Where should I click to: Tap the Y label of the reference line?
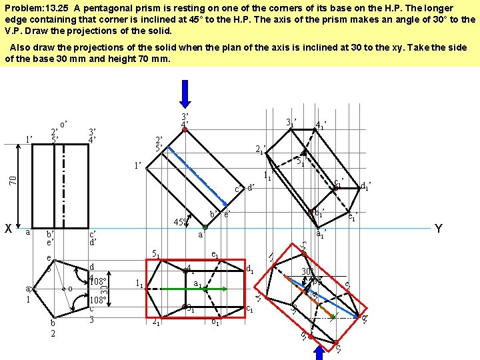coord(438,229)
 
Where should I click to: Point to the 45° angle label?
coord(179,222)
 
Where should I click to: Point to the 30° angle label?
coord(307,271)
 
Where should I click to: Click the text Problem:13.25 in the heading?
coord(33,8)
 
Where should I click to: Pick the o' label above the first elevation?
coord(64,124)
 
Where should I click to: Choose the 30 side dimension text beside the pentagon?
coord(104,291)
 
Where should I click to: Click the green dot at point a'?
coord(205,228)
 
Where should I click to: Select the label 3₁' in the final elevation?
coord(291,123)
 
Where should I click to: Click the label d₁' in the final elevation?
coord(365,185)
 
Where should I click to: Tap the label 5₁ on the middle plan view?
coord(154,254)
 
